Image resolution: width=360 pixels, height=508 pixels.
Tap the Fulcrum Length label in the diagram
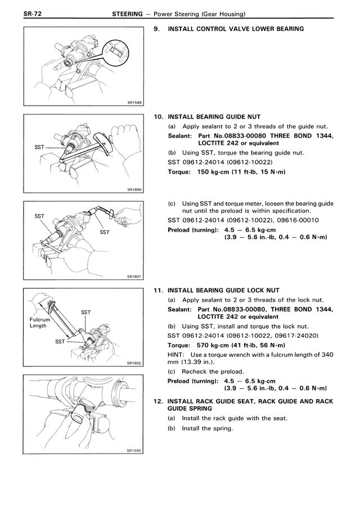pos(38,323)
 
